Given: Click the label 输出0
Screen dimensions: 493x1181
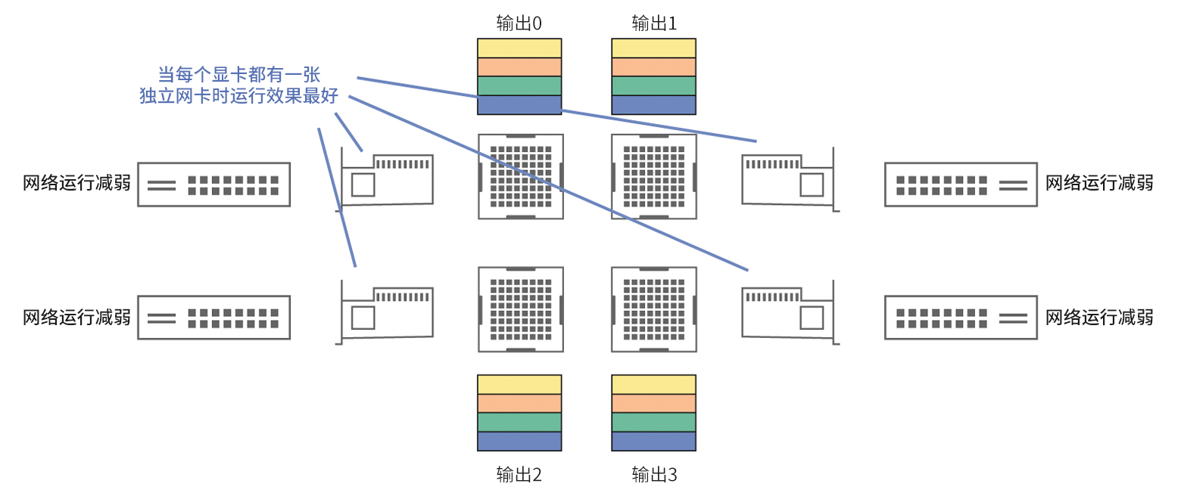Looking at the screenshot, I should [x=519, y=23].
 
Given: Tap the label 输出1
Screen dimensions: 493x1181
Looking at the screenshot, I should [x=654, y=23].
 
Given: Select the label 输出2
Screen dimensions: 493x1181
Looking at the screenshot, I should [x=519, y=474].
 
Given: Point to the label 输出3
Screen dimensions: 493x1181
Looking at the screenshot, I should [x=654, y=474].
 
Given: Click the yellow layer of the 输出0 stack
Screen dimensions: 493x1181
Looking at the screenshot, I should [x=519, y=48].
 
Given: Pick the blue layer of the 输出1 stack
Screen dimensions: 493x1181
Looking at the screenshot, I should [x=653, y=105].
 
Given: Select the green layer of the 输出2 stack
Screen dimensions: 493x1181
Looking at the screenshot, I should [x=519, y=422].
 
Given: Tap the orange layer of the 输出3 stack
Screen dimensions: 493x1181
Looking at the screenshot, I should [x=653, y=403].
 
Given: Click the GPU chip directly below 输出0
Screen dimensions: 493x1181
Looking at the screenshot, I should [x=520, y=176].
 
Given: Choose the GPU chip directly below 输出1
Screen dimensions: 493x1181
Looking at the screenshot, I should [x=653, y=176].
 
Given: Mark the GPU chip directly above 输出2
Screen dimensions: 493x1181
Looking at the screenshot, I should [x=520, y=309].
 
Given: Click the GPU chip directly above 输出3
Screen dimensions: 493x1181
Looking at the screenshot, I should [x=653, y=309].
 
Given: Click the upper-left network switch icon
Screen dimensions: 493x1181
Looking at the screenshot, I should [x=214, y=184].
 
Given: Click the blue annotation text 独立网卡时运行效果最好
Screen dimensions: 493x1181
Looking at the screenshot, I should [x=238, y=96].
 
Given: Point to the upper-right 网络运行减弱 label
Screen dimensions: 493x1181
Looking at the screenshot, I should [x=1099, y=184].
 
